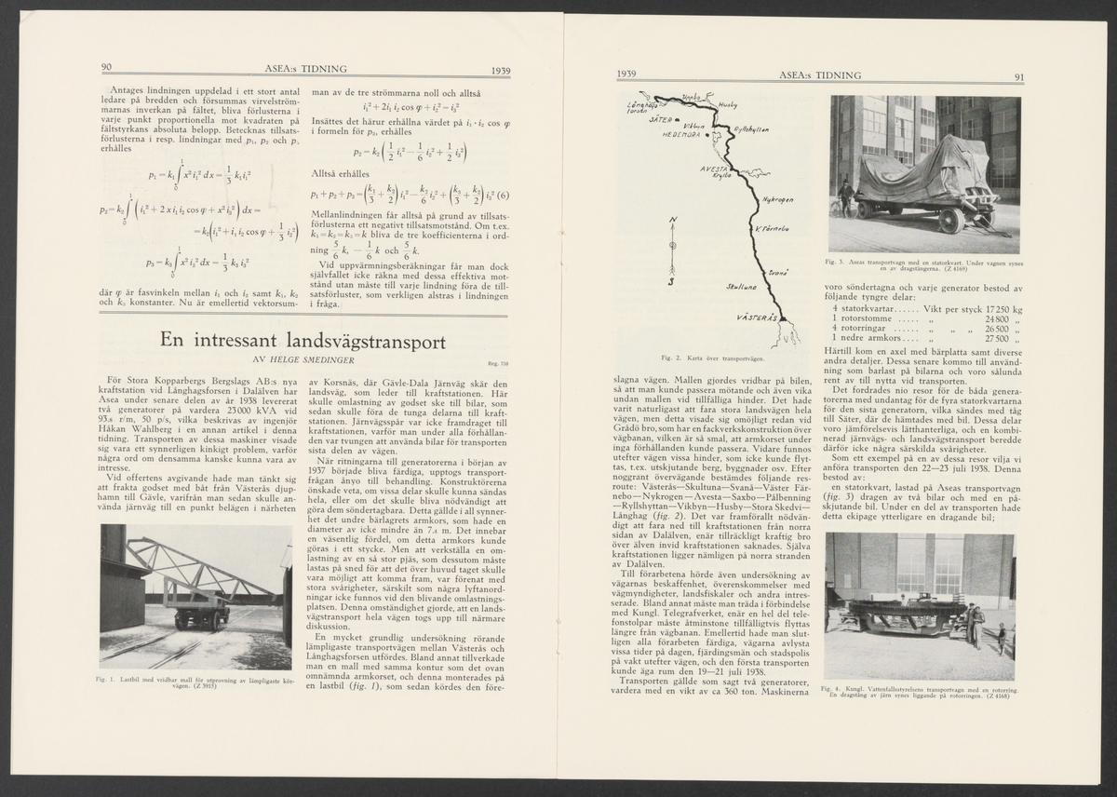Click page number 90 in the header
[x=106, y=68]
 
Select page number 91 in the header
[x=1018, y=78]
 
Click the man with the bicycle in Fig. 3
[x=844, y=198]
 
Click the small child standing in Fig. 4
[x=1001, y=639]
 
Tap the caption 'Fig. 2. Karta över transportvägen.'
[x=711, y=358]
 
